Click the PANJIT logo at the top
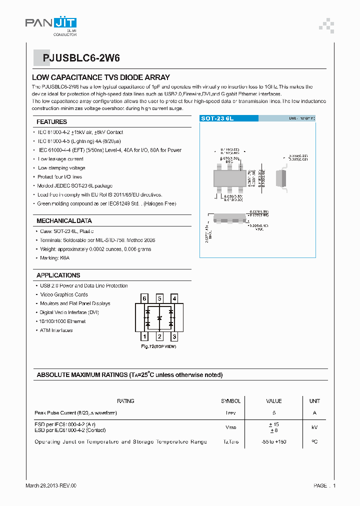50,23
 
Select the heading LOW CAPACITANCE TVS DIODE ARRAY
101,77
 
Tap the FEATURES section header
51,122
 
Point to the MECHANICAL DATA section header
64,221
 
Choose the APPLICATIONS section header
58,275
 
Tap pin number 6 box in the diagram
145,298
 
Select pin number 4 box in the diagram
174,298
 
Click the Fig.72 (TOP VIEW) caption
158,346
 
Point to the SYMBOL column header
231,401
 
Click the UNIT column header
314,401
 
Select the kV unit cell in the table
314,427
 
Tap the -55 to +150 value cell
273,442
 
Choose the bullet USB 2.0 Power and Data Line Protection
83,286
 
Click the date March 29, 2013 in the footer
51,485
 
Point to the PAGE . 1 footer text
324,485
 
